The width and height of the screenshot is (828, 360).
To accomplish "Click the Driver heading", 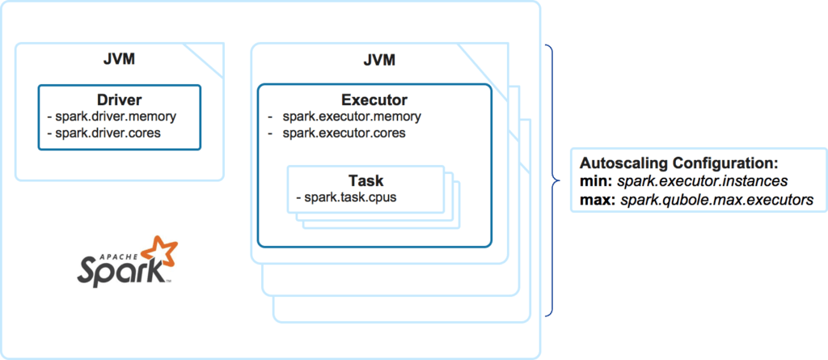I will coord(119,100).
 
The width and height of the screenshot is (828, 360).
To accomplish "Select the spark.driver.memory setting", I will coord(116,116).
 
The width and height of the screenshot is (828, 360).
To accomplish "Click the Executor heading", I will coord(374,100).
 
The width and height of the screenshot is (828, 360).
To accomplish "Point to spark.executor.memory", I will coord(352,116).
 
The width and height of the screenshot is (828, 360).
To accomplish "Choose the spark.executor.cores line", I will coord(344,133).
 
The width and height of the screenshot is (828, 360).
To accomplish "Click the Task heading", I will coord(365,180).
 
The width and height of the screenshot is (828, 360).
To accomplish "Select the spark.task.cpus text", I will coord(344,197).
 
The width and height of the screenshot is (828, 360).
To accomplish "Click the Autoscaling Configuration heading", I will coord(678,163).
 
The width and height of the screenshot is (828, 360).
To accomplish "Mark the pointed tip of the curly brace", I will coord(561,180).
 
